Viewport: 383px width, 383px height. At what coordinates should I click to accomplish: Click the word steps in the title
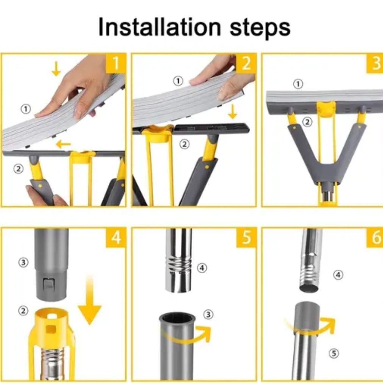click(260, 29)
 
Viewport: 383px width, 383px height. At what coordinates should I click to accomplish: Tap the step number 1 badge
click(116, 63)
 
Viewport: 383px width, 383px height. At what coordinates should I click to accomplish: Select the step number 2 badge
click(246, 63)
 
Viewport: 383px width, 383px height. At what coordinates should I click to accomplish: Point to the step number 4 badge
click(116, 237)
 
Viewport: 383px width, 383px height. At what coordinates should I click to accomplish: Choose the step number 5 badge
click(246, 237)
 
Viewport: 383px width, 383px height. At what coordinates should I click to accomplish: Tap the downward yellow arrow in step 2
click(232, 112)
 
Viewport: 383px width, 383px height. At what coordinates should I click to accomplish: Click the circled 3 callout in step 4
click(23, 262)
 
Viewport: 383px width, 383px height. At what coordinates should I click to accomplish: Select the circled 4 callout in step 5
click(202, 268)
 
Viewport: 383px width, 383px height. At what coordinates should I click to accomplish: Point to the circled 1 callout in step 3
click(298, 84)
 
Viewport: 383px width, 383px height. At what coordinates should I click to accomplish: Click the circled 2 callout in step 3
click(308, 122)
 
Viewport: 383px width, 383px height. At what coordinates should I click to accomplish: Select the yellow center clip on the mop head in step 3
click(326, 109)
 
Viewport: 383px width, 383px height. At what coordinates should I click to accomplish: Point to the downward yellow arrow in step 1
click(56, 69)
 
